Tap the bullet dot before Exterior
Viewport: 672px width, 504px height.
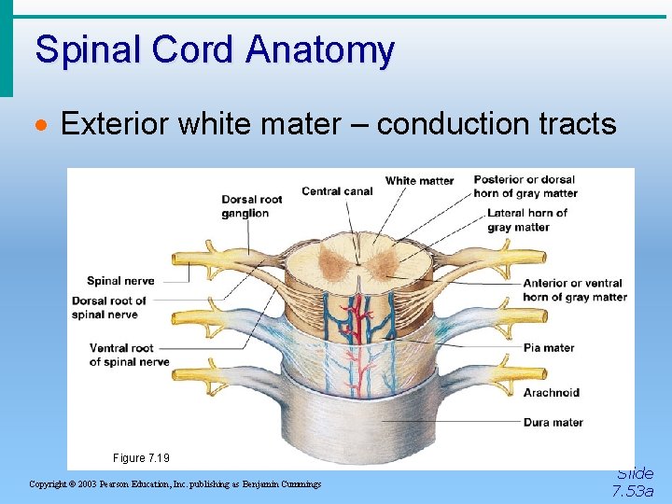41,125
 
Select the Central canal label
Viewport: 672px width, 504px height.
337,191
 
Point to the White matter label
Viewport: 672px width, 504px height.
419,180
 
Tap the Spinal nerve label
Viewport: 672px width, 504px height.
120,281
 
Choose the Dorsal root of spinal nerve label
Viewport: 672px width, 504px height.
109,307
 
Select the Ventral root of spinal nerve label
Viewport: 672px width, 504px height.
129,355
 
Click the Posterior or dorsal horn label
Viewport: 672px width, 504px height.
525,186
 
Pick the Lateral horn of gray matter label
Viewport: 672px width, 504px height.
526,219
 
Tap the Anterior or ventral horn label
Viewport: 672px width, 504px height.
574,289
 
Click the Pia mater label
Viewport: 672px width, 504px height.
548,347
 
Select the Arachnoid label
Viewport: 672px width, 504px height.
551,392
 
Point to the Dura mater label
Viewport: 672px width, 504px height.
553,422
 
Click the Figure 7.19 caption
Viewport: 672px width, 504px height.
142,458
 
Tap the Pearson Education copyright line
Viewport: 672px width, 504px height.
175,483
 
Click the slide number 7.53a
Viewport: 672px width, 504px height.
633,491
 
